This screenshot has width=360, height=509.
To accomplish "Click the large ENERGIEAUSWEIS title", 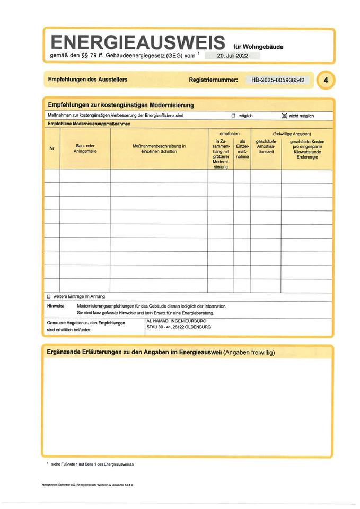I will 135,42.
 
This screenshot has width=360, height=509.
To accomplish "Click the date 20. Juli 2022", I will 233,55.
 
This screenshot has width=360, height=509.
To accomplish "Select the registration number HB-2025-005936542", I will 278,80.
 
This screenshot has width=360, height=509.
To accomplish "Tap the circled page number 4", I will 326,80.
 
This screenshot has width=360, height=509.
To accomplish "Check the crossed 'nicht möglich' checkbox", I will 284,115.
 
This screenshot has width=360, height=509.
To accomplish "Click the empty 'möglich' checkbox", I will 233,116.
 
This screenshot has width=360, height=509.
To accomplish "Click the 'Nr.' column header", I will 52,149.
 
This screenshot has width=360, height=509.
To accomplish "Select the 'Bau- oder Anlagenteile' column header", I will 85,148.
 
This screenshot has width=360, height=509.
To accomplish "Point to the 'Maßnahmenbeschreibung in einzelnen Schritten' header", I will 159,148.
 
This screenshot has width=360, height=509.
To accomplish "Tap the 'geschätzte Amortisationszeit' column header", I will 265,146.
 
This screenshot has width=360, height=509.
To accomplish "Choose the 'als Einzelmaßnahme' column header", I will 242,149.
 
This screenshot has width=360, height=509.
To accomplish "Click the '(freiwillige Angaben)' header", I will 292,134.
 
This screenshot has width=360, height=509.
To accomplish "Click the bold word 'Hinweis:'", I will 56,306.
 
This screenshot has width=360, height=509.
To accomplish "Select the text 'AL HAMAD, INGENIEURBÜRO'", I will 176,321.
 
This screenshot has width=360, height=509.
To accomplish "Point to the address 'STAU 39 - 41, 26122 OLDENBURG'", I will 179,328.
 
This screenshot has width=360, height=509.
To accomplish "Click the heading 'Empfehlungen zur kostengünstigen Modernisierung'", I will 121,105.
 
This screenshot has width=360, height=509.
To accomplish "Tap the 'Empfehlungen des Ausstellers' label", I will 87,80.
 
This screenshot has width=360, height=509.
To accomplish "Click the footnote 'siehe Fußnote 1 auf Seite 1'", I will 92,464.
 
